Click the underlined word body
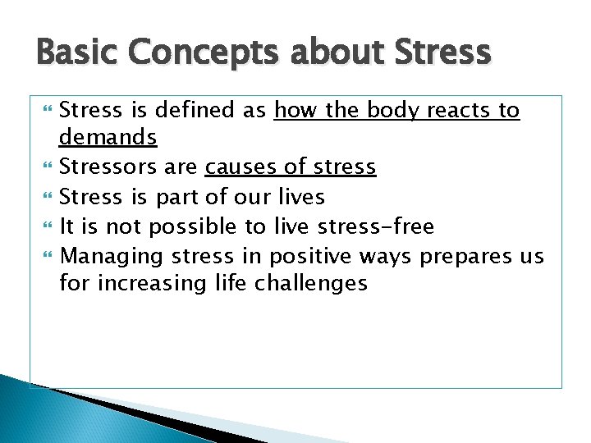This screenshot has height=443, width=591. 390,111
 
